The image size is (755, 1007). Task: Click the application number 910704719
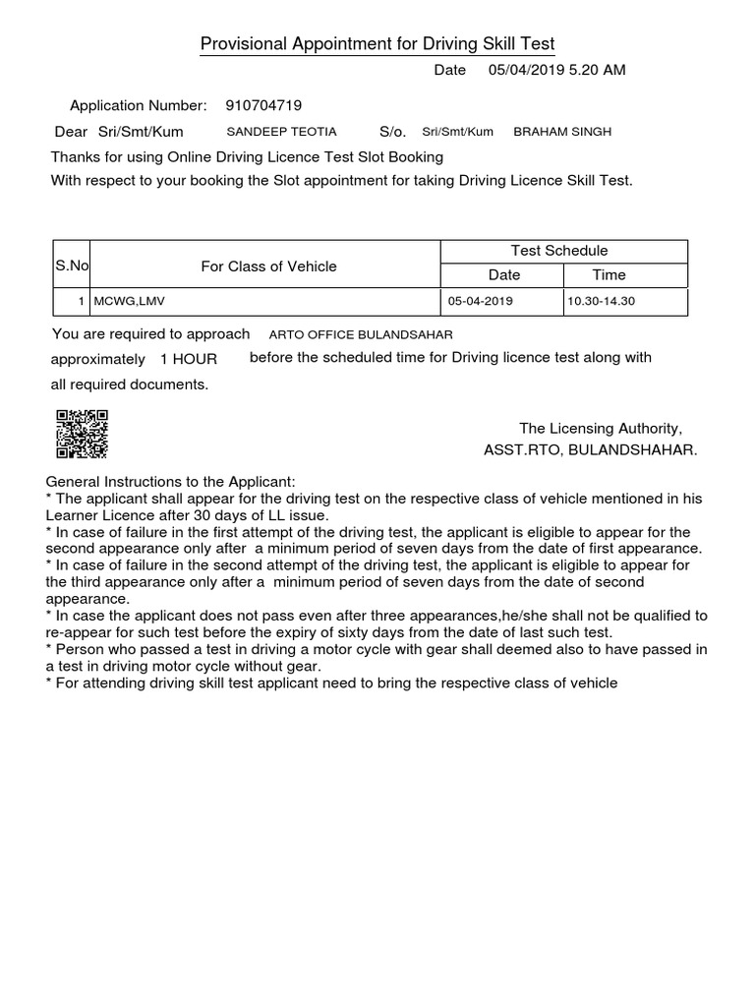pyautogui.click(x=263, y=105)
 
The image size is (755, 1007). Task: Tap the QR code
pyautogui.click(x=82, y=434)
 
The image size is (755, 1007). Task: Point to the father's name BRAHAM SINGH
pyautogui.click(x=562, y=131)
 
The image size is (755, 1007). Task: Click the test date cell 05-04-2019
pyautogui.click(x=480, y=301)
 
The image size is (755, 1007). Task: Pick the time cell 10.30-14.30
pyautogui.click(x=601, y=301)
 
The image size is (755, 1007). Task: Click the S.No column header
pyautogui.click(x=72, y=266)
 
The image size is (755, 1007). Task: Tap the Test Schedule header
pyautogui.click(x=559, y=251)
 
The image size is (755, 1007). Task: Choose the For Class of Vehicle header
pyautogui.click(x=268, y=266)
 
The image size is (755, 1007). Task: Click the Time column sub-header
pyautogui.click(x=609, y=275)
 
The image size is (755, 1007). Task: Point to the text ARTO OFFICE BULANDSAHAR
pyautogui.click(x=361, y=334)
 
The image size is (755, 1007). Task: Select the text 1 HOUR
pyautogui.click(x=189, y=359)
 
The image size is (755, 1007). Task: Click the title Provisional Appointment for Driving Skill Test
pyautogui.click(x=377, y=44)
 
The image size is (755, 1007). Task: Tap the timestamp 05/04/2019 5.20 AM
pyautogui.click(x=556, y=70)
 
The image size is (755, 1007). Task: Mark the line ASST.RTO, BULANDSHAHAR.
pyautogui.click(x=590, y=449)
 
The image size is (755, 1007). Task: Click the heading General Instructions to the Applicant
pyautogui.click(x=171, y=482)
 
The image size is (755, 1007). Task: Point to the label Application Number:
pyautogui.click(x=139, y=105)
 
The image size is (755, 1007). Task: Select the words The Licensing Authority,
pyautogui.click(x=600, y=428)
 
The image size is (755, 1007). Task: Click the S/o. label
pyautogui.click(x=392, y=131)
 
